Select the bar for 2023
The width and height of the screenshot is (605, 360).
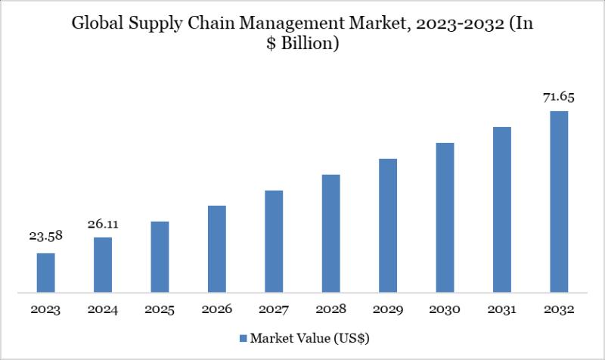pyautogui.click(x=46, y=272)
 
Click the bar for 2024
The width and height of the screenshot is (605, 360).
pyautogui.click(x=103, y=265)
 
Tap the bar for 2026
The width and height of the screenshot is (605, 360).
pyautogui.click(x=217, y=249)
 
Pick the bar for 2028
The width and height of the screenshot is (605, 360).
pyautogui.click(x=330, y=233)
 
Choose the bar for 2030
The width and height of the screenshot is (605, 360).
pyautogui.click(x=445, y=217)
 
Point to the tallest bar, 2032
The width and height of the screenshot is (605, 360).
pyautogui.click(x=558, y=201)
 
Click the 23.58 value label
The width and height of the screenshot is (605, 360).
pyautogui.click(x=46, y=237)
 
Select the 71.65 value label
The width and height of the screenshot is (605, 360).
pyautogui.click(x=558, y=97)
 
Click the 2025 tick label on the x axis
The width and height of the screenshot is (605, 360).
pyautogui.click(x=160, y=309)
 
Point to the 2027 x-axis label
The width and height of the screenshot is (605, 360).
pyautogui.click(x=274, y=309)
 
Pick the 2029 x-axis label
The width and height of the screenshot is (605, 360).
pyautogui.click(x=387, y=309)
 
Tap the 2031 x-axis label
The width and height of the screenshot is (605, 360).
pyautogui.click(x=501, y=309)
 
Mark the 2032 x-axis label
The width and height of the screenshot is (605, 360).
pyautogui.click(x=558, y=309)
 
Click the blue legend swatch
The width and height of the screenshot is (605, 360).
pyautogui.click(x=244, y=337)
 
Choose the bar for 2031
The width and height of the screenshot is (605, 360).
pyautogui.click(x=501, y=209)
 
